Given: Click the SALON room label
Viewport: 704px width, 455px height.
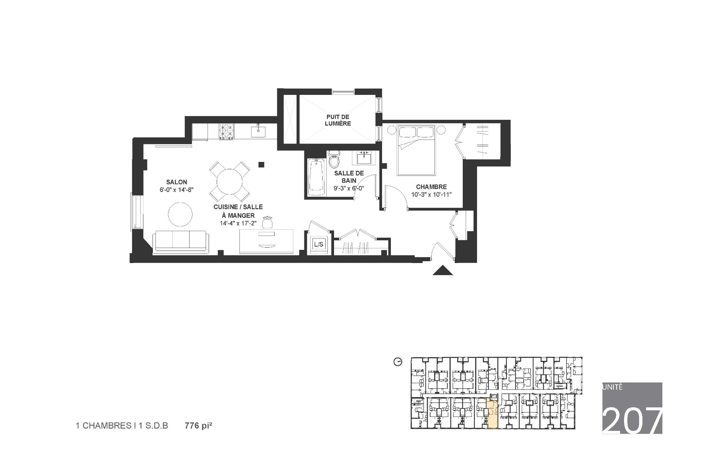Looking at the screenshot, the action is (176, 182).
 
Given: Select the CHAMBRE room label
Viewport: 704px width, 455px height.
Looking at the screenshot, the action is (431, 187).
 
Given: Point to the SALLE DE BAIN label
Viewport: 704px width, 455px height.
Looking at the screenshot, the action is (349, 177).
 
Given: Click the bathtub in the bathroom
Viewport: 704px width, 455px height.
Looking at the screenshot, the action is (316, 177).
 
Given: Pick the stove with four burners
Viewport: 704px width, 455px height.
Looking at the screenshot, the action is (226, 132).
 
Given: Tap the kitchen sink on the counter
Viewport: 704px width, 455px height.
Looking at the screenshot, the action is (258, 131).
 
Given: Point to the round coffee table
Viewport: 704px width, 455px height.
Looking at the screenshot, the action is (180, 214).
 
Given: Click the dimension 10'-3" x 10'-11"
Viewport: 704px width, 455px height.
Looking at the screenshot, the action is (431, 195).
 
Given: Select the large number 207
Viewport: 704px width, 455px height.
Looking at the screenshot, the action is (632, 420).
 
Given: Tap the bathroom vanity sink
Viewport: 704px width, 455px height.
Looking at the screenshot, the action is (363, 158).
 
